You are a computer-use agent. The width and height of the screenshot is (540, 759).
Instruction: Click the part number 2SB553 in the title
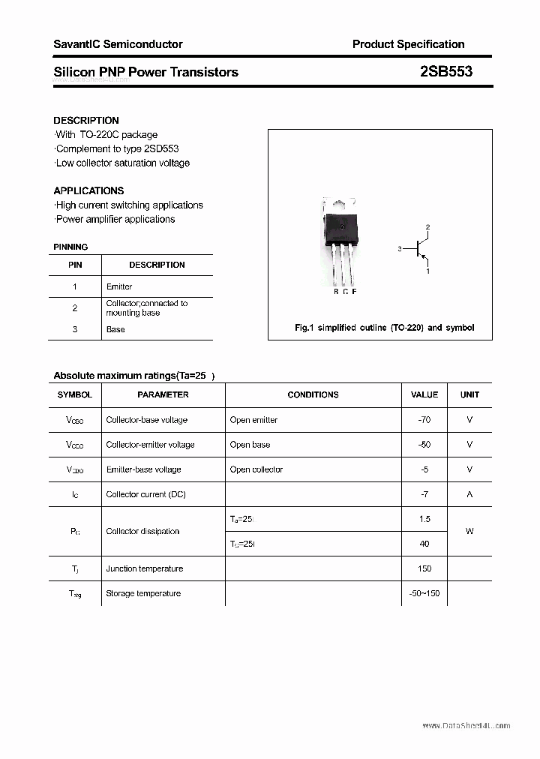[x=446, y=72]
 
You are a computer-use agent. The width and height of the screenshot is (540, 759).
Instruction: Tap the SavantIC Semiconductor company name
[x=118, y=44]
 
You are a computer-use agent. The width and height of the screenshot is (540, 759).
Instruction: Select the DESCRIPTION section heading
[x=86, y=120]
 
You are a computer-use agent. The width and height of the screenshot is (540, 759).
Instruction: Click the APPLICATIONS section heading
[x=88, y=190]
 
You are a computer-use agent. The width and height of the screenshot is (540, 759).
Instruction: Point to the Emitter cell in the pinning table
[x=119, y=286]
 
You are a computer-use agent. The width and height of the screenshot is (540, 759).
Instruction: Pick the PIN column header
[x=75, y=265]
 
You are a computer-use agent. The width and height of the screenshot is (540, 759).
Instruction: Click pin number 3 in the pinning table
[x=75, y=329]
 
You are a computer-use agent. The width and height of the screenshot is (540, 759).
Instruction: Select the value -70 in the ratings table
[x=424, y=420]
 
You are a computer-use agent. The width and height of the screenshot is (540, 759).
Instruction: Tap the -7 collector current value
[x=424, y=494]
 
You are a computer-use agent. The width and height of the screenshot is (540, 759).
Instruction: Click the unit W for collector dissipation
[x=469, y=531]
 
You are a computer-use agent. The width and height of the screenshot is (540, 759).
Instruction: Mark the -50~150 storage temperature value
[x=424, y=593]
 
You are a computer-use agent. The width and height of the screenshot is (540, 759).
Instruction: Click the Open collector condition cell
[x=256, y=469]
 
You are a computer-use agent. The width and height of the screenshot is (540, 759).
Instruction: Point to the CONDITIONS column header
[x=313, y=394]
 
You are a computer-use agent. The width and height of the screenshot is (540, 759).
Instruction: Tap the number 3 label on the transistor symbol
[x=400, y=248]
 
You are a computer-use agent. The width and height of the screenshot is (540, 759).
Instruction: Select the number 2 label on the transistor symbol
[x=427, y=226]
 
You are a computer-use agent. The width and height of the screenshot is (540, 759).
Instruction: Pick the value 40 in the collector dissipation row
[x=424, y=544]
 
